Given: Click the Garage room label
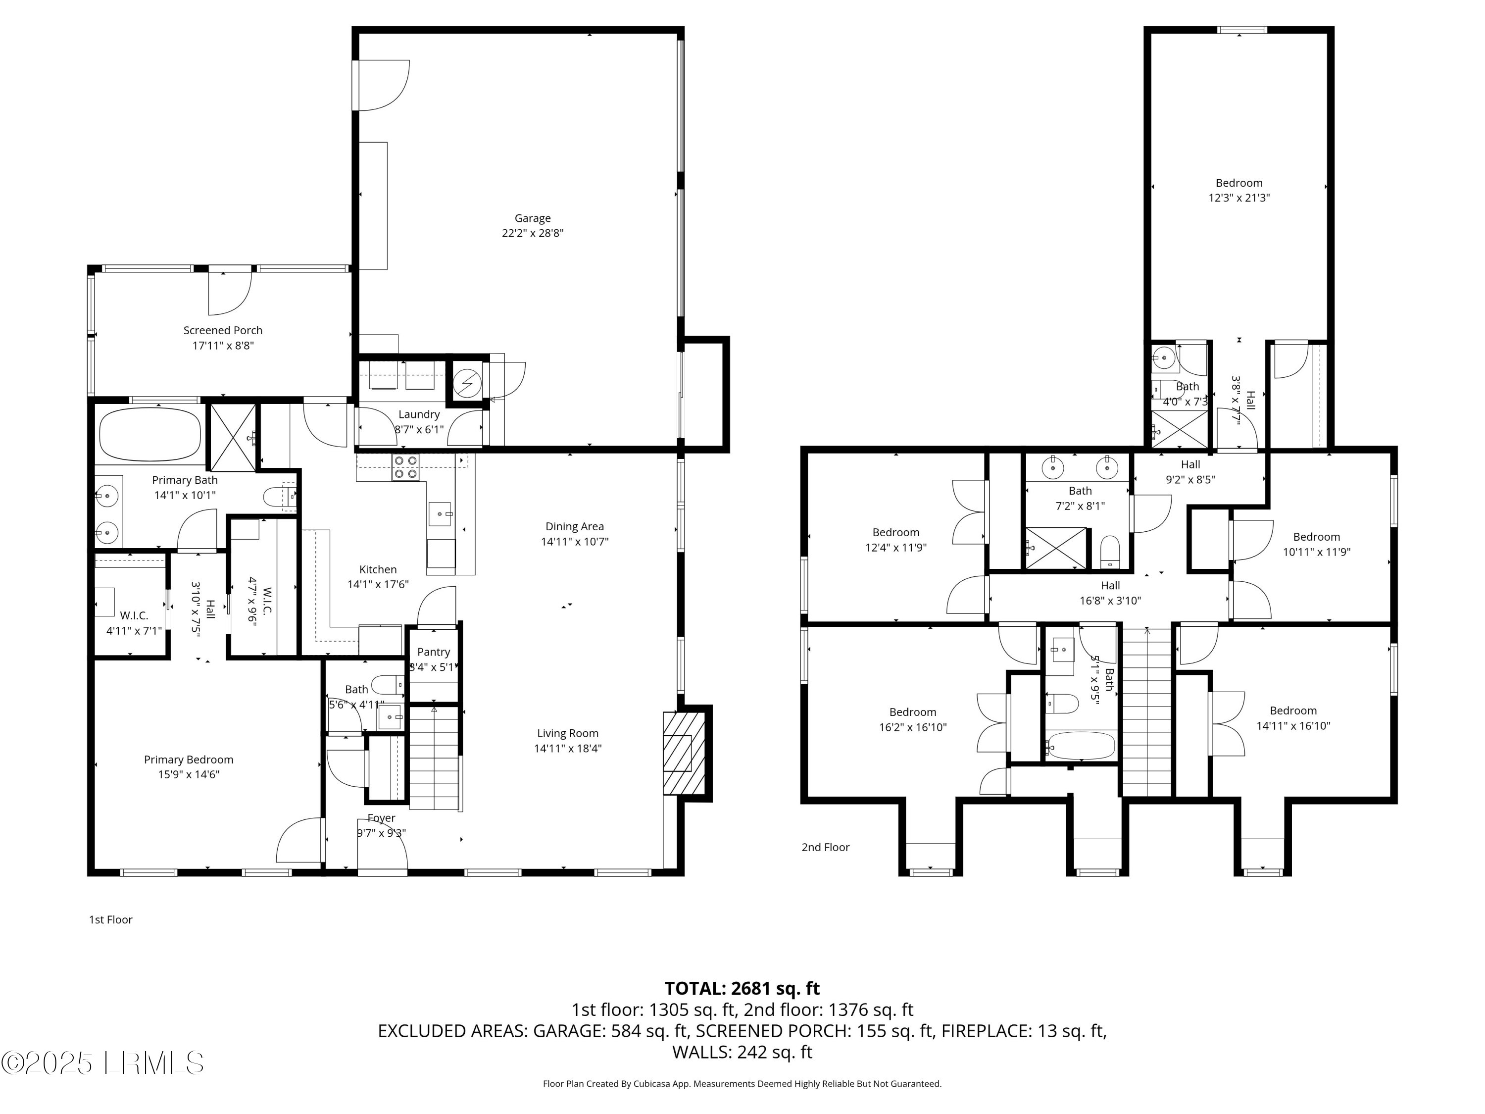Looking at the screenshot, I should point(532,218).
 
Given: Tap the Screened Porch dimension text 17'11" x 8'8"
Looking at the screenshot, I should point(223,346).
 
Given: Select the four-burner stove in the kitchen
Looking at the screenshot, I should point(405,467).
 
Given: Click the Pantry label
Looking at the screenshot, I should point(433,652).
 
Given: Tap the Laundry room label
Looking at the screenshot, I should point(419,414).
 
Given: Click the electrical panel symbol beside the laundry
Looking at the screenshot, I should point(467,383).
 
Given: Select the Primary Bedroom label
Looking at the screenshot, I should point(189,760).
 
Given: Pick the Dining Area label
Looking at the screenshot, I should point(574,526).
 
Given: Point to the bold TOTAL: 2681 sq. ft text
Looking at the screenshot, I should point(742,988).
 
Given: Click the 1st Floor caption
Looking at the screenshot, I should point(111,919).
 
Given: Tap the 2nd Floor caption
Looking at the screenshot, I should point(825,848).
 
